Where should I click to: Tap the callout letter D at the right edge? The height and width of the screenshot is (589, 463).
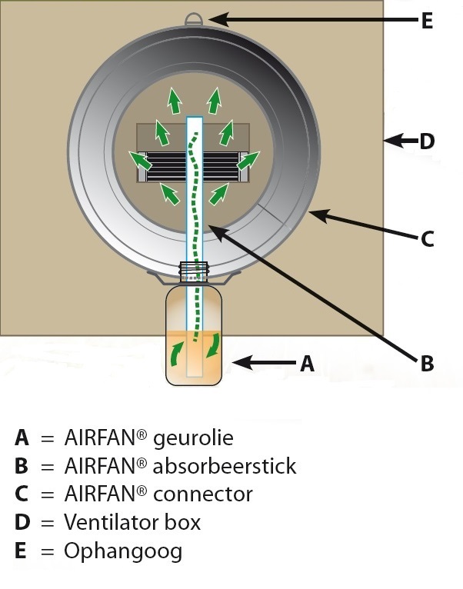427,141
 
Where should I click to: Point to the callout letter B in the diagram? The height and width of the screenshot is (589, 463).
428,363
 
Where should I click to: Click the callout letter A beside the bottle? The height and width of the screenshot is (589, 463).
307,363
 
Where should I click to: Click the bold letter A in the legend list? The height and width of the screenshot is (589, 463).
22,438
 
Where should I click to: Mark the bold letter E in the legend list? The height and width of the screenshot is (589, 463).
22,551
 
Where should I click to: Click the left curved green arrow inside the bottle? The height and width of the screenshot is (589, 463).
178,357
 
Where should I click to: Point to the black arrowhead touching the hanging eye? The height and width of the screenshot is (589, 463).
216,17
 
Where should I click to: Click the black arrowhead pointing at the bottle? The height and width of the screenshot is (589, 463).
240,361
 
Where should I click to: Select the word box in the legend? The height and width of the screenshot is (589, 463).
185,523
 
